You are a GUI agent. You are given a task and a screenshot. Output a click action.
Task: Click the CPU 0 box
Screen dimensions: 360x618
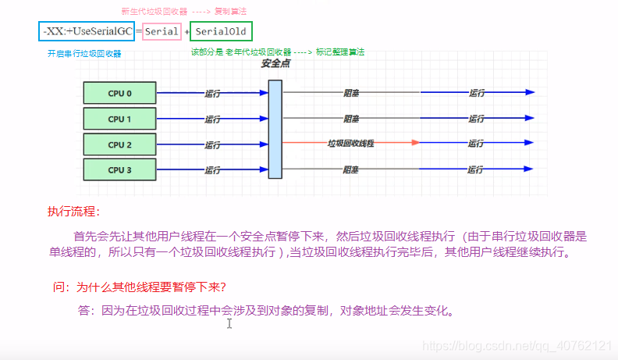119,93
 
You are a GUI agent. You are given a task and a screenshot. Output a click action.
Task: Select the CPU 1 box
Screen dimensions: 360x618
119,119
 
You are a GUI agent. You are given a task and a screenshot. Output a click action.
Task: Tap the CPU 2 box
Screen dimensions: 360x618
119,144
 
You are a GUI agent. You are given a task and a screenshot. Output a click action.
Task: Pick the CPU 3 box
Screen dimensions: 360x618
119,169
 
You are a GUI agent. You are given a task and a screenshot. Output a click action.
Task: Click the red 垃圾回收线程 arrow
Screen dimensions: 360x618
350,143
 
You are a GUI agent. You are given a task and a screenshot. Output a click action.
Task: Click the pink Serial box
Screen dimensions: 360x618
162,32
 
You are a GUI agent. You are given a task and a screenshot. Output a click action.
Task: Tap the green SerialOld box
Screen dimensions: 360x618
220,32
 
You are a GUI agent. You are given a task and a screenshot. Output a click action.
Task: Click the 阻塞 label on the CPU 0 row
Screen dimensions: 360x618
351,92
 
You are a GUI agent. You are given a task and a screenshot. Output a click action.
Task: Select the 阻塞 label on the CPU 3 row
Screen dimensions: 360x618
351,169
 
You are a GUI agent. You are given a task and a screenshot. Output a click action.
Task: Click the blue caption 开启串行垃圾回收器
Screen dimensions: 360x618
84,53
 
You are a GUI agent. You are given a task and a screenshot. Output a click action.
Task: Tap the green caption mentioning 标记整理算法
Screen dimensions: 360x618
278,52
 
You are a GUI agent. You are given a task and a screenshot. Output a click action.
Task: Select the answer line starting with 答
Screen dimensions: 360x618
265,310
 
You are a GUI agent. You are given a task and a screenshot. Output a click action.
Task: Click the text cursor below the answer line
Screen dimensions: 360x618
229,323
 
